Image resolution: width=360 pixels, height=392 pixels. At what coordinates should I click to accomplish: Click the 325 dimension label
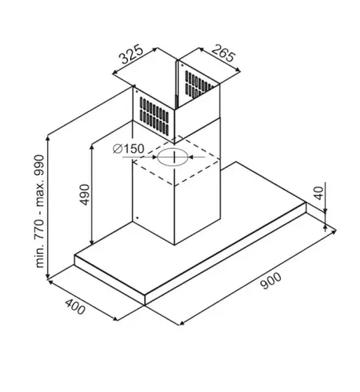point(132,55)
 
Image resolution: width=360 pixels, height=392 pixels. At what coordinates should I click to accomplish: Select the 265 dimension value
point(224,53)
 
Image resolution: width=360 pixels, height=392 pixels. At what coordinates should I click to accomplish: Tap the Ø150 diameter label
point(129,149)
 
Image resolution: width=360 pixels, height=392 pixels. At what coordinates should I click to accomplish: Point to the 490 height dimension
point(85,194)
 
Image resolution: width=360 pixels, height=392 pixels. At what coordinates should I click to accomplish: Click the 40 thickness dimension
point(318,193)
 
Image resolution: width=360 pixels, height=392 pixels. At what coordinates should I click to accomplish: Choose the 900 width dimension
point(271,281)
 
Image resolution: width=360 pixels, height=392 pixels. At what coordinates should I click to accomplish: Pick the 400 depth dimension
point(75,307)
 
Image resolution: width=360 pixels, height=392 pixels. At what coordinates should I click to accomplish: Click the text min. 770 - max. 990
point(39,211)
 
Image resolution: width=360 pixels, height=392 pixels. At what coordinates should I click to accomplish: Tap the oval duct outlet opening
point(173,157)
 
